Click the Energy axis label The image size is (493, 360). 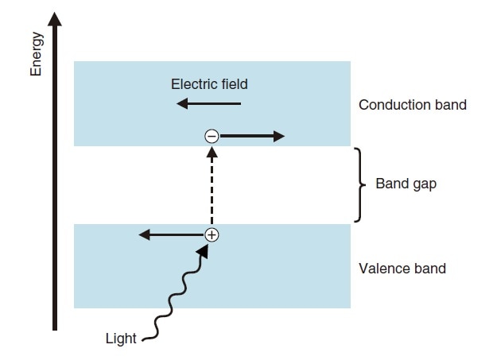(x=36, y=54)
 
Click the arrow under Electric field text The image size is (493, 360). (x=209, y=103)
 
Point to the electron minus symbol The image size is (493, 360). (x=212, y=137)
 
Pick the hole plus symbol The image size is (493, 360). (x=212, y=234)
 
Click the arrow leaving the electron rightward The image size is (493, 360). (x=251, y=137)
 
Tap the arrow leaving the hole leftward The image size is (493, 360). (x=172, y=234)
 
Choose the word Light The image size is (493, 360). (x=121, y=339)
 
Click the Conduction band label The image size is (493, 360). (x=413, y=105)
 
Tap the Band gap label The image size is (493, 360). (x=406, y=184)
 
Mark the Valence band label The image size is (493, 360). (x=402, y=269)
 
